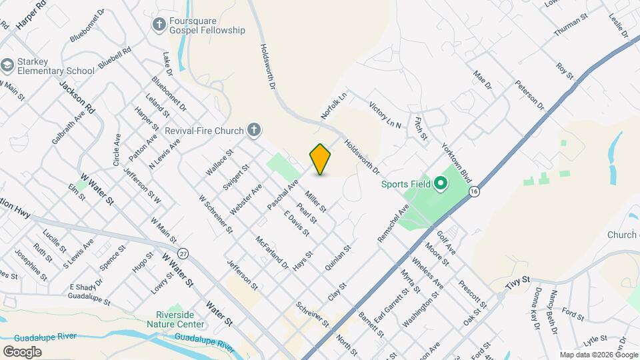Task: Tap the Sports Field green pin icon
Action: click(439, 183)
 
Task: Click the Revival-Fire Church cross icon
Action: click(253, 130)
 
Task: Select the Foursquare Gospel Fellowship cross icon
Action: click(159, 25)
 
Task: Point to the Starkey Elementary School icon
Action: click(7, 65)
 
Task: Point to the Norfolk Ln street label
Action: click(334, 106)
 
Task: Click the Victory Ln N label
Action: click(385, 115)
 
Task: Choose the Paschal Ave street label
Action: click(283, 193)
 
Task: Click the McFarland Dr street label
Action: click(273, 252)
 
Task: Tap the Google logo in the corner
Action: click(22, 351)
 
